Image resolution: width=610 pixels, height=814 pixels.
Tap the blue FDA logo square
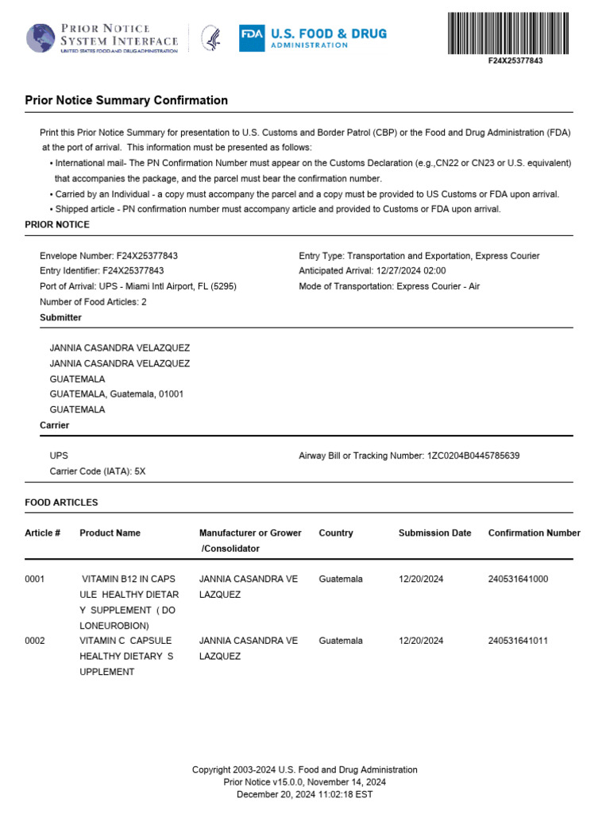click(252, 38)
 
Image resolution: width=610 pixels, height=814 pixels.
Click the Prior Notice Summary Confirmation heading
click(126, 101)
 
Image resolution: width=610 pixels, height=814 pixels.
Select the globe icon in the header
click(41, 38)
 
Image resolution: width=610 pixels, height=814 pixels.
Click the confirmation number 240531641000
click(518, 579)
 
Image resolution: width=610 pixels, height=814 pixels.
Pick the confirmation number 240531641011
click(518, 641)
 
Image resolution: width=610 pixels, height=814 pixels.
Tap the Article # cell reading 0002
click(35, 641)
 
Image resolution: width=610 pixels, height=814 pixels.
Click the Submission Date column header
click(434, 533)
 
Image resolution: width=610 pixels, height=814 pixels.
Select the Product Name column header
click(110, 533)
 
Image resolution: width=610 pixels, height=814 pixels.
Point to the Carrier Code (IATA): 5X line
click(98, 471)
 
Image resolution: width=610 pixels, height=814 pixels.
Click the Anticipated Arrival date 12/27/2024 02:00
click(405, 271)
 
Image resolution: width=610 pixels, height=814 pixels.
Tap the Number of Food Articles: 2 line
click(93, 302)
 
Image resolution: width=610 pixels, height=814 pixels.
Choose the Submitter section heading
click(60, 318)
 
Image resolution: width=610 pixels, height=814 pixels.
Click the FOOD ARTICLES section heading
click(61, 503)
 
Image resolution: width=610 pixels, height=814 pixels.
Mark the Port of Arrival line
click(138, 286)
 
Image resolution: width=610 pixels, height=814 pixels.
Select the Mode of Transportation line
click(389, 286)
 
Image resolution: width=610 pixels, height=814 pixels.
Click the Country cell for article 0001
click(341, 579)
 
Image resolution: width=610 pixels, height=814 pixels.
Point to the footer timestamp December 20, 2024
click(304, 794)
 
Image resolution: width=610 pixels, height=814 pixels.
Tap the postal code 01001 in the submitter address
click(171, 394)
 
